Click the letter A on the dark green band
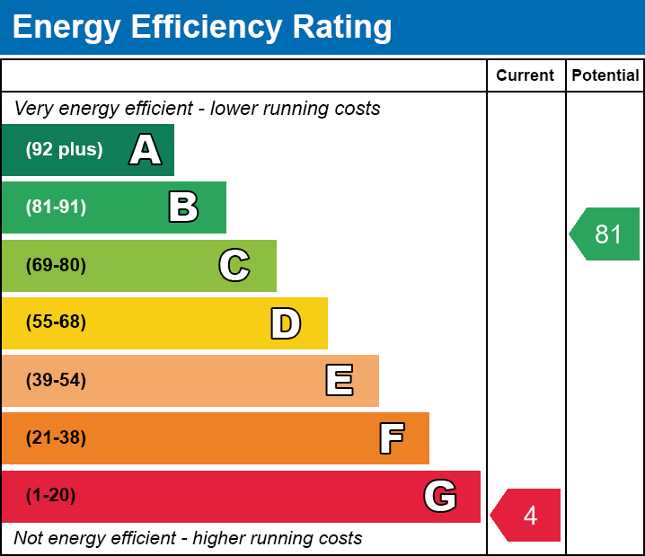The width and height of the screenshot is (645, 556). click(x=146, y=150)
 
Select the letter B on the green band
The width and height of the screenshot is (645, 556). click(x=183, y=207)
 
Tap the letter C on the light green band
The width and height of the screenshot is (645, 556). click(x=234, y=265)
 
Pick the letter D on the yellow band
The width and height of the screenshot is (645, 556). click(x=286, y=323)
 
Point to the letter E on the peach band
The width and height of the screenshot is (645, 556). click(x=339, y=381)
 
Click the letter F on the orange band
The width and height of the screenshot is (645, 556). click(x=391, y=438)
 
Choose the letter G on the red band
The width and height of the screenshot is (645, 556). click(x=440, y=496)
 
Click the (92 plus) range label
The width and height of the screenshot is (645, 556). click(x=64, y=150)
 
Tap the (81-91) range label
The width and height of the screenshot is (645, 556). click(x=56, y=207)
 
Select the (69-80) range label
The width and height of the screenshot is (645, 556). click(x=56, y=265)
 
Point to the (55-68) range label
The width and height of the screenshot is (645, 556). click(x=56, y=322)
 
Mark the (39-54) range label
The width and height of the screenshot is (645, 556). click(x=56, y=381)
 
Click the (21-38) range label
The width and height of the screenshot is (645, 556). click(x=56, y=438)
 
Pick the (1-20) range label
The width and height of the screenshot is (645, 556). click(x=50, y=496)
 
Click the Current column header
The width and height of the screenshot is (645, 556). click(x=526, y=76)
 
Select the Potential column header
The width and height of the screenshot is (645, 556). click(x=605, y=76)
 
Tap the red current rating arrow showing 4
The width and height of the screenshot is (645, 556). click(x=526, y=516)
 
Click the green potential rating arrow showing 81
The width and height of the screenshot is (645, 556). click(x=605, y=234)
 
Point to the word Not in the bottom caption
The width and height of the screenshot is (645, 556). click(x=29, y=539)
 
